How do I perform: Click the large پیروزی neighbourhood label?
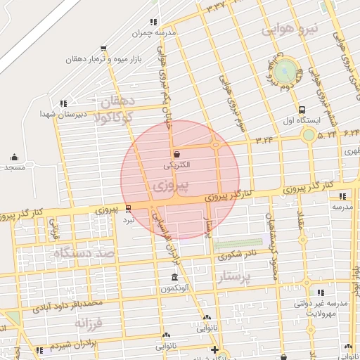tap(171, 186)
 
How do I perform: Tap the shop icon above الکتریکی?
tap(176, 155)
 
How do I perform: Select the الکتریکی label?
tap(175, 167)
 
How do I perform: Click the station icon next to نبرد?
tap(128, 208)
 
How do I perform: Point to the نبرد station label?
tap(128, 219)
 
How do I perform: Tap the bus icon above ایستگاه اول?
tap(302, 110)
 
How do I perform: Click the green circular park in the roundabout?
tap(285, 71)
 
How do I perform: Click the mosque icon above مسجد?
tap(14, 157)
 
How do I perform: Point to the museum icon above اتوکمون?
tap(174, 278)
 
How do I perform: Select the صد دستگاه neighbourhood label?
tap(86, 251)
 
